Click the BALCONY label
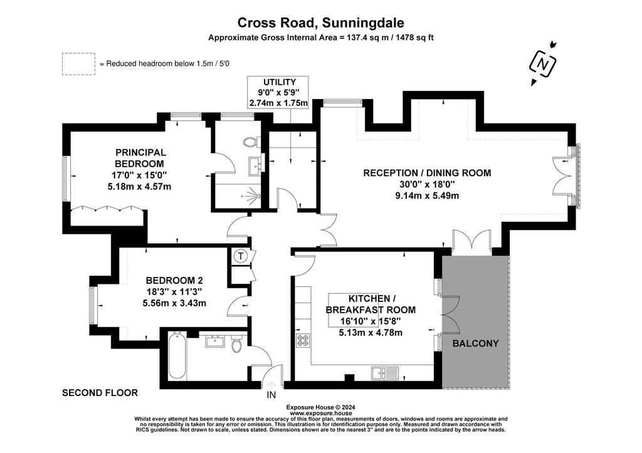pos(475,343)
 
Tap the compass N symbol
pos(543,64)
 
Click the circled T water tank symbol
pos(241,257)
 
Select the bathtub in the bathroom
pos(177,355)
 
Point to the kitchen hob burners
pos(303,340)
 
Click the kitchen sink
pos(386,373)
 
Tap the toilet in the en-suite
pos(250,142)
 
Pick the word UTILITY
pos(279,82)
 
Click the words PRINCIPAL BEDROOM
pos(140,158)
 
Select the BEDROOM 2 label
pos(174,280)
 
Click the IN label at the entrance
pos(271,395)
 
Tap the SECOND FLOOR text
pos(100,393)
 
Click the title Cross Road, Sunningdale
pos(320,23)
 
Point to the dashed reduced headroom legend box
pos(78,64)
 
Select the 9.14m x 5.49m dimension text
pos(427,195)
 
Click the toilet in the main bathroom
pos(236,344)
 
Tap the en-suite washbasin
pos(256,165)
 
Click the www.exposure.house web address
pos(320,414)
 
